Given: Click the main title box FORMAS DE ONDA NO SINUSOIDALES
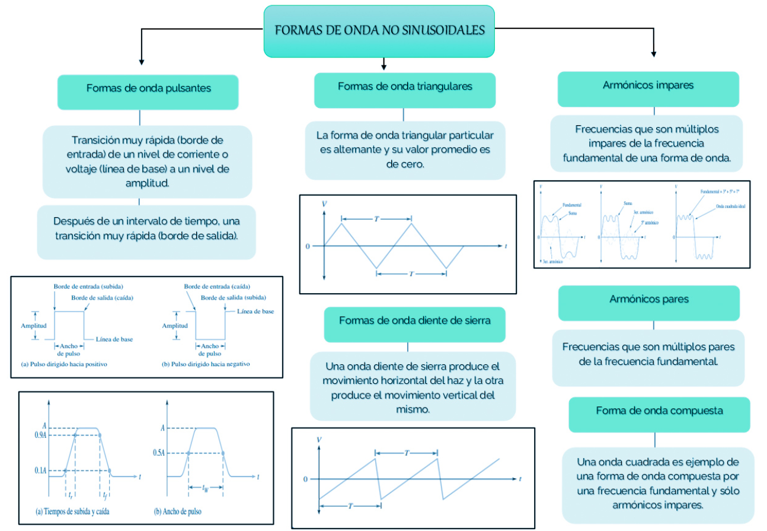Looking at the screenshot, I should [x=379, y=31].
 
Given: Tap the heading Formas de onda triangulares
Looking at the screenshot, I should [x=405, y=87].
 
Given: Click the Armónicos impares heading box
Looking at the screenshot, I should [x=648, y=85].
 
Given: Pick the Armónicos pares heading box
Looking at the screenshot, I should [x=648, y=299].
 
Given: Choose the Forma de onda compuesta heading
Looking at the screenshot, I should [x=659, y=411].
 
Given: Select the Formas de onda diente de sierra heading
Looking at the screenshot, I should [x=414, y=320].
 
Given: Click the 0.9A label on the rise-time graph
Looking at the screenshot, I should [x=40, y=435].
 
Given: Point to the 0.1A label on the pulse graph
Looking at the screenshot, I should [x=40, y=470].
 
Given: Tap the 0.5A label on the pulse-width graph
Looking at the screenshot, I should [x=158, y=453].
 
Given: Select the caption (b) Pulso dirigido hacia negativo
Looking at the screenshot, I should [x=206, y=364].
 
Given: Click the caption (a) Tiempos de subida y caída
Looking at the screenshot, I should [x=73, y=511].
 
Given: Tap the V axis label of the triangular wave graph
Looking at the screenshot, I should [x=324, y=204].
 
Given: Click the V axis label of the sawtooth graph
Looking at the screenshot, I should [x=319, y=440].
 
